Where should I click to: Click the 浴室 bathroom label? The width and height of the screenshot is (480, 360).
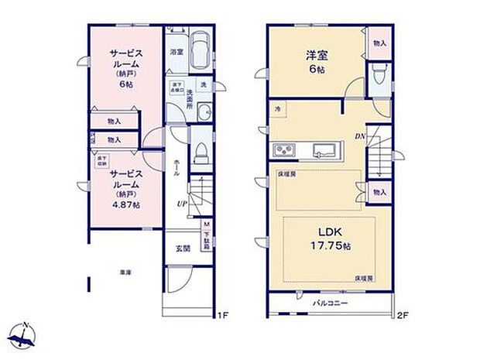click(x=176, y=53)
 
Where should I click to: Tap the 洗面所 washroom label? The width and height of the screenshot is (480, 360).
click(x=189, y=101)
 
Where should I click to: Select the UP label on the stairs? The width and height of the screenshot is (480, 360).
click(x=181, y=204)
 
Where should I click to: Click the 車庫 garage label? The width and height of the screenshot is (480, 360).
click(x=125, y=273)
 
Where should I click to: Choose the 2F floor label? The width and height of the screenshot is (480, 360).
click(x=403, y=315)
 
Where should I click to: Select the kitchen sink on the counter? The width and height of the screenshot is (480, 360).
click(x=322, y=149)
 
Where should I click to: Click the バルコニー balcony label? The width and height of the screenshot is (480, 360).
click(x=330, y=302)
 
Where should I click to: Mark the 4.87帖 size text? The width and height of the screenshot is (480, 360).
click(x=124, y=205)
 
